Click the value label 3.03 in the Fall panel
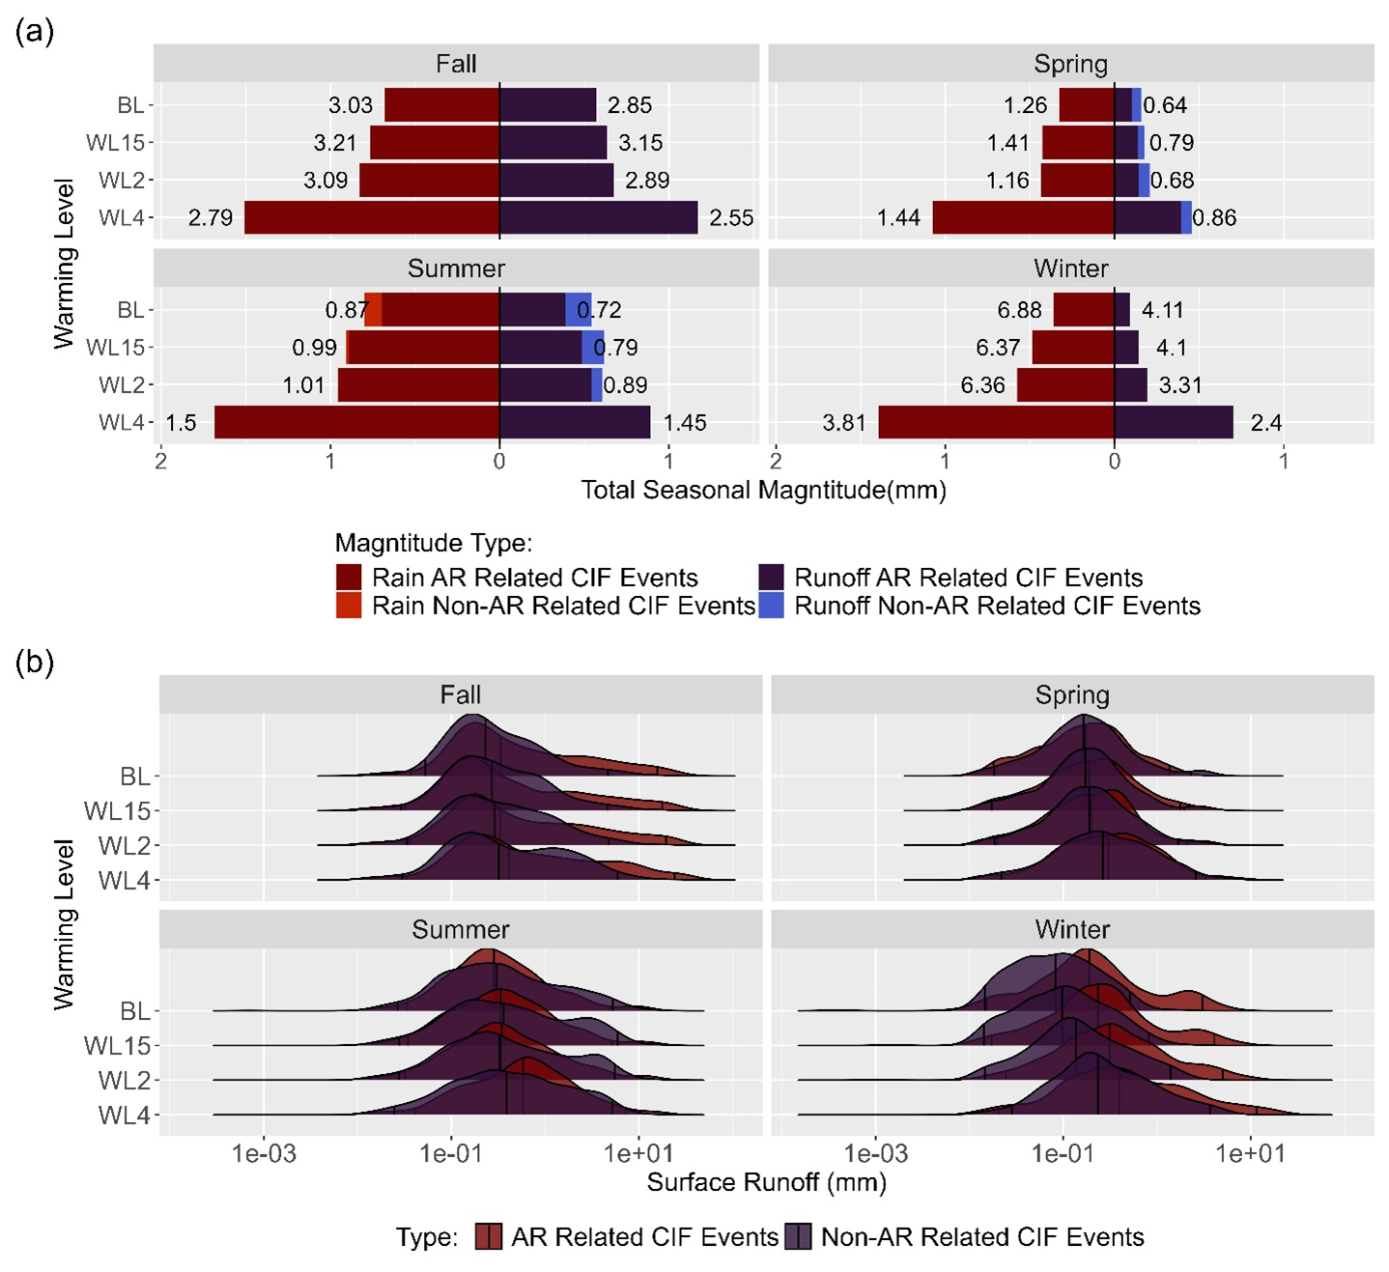pyautogui.click(x=350, y=105)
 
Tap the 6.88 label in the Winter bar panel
pyautogui.click(x=1019, y=310)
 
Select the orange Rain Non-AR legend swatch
pyautogui.click(x=349, y=606)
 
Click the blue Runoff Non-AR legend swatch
pyautogui.click(x=771, y=606)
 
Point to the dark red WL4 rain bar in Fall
pyautogui.click(x=372, y=217)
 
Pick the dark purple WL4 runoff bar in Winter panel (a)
pyautogui.click(x=1174, y=422)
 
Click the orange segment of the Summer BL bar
pyautogui.click(x=373, y=310)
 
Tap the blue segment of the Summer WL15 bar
pyautogui.click(x=592, y=348)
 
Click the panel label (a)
pyautogui.click(x=35, y=32)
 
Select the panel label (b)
pyautogui.click(x=35, y=663)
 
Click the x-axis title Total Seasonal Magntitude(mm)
pyautogui.click(x=763, y=491)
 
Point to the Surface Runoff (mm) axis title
pyautogui.click(x=766, y=1182)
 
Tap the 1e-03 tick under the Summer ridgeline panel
pyautogui.click(x=264, y=1153)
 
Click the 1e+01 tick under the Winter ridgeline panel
pyautogui.click(x=1250, y=1153)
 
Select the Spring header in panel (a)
pyautogui.click(x=1070, y=64)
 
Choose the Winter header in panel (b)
pyautogui.click(x=1072, y=929)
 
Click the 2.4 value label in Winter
pyautogui.click(x=1265, y=423)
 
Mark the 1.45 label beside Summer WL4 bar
pyautogui.click(x=685, y=423)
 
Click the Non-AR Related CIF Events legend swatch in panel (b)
pyautogui.click(x=798, y=1237)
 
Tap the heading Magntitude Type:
pyautogui.click(x=434, y=543)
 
